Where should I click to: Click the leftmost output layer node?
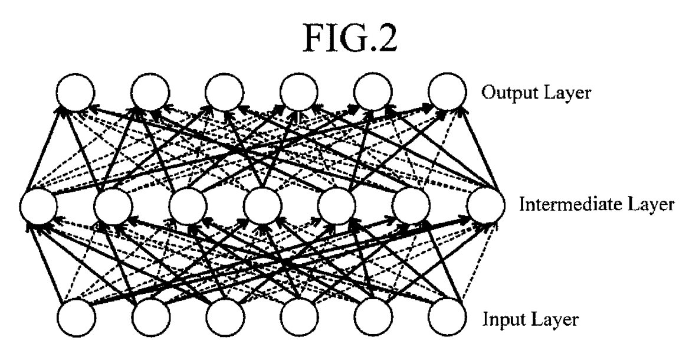click(x=76, y=92)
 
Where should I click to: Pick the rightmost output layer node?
click(x=447, y=92)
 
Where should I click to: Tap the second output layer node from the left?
click(x=150, y=92)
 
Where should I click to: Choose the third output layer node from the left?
click(x=224, y=92)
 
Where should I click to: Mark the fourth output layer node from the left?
click(x=298, y=92)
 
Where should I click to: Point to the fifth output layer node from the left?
click(x=373, y=92)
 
